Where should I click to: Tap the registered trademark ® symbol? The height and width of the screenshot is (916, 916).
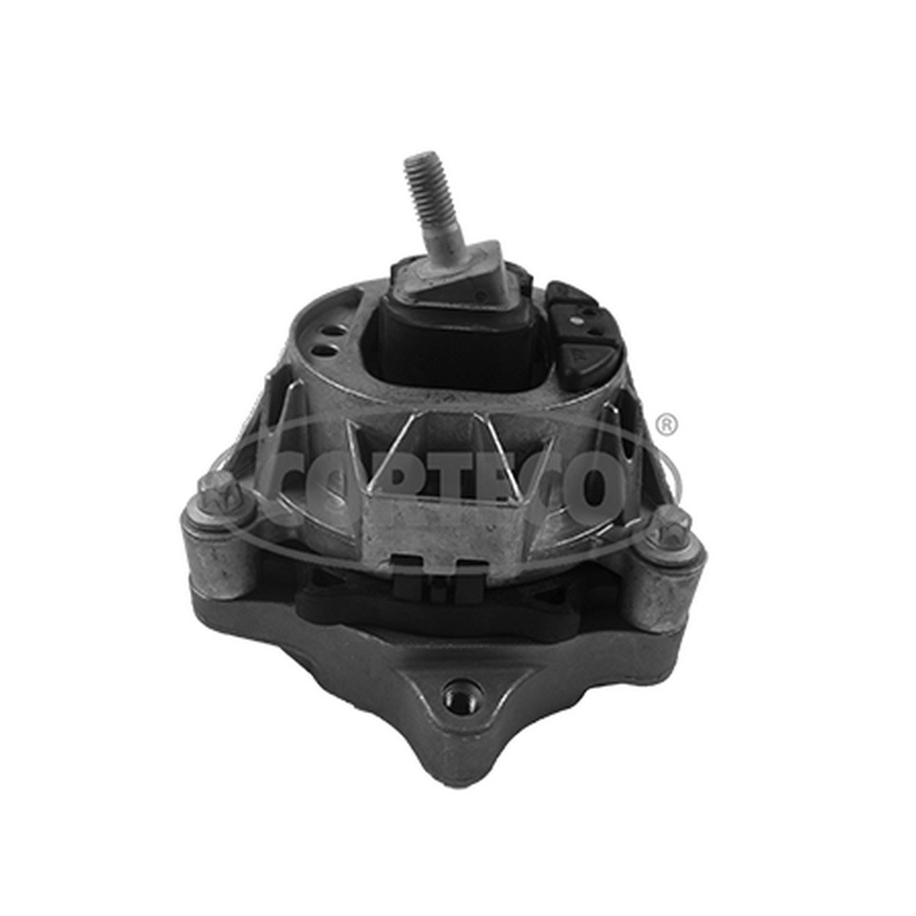[666, 424]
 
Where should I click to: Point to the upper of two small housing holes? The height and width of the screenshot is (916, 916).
[335, 331]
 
